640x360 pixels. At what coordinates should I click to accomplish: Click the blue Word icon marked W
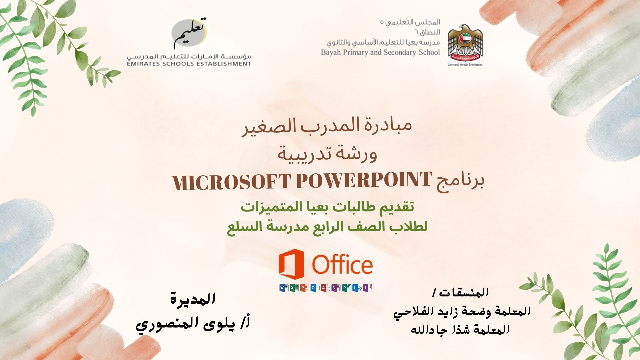coord(284,288)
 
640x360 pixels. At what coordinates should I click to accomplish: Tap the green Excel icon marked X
coord(294,288)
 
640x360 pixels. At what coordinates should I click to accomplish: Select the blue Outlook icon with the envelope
coord(315,288)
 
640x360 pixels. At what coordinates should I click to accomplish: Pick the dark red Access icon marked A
coord(325,288)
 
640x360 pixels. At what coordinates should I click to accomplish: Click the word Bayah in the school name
coord(330,53)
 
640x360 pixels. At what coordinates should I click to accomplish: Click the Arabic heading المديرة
coord(193,299)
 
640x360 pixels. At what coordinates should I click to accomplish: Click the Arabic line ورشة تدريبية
coord(328,154)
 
